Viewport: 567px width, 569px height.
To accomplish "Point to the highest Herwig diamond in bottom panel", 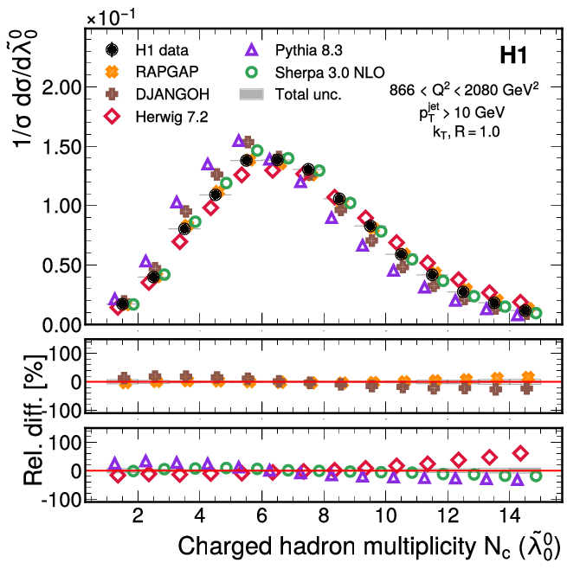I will (520, 452).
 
